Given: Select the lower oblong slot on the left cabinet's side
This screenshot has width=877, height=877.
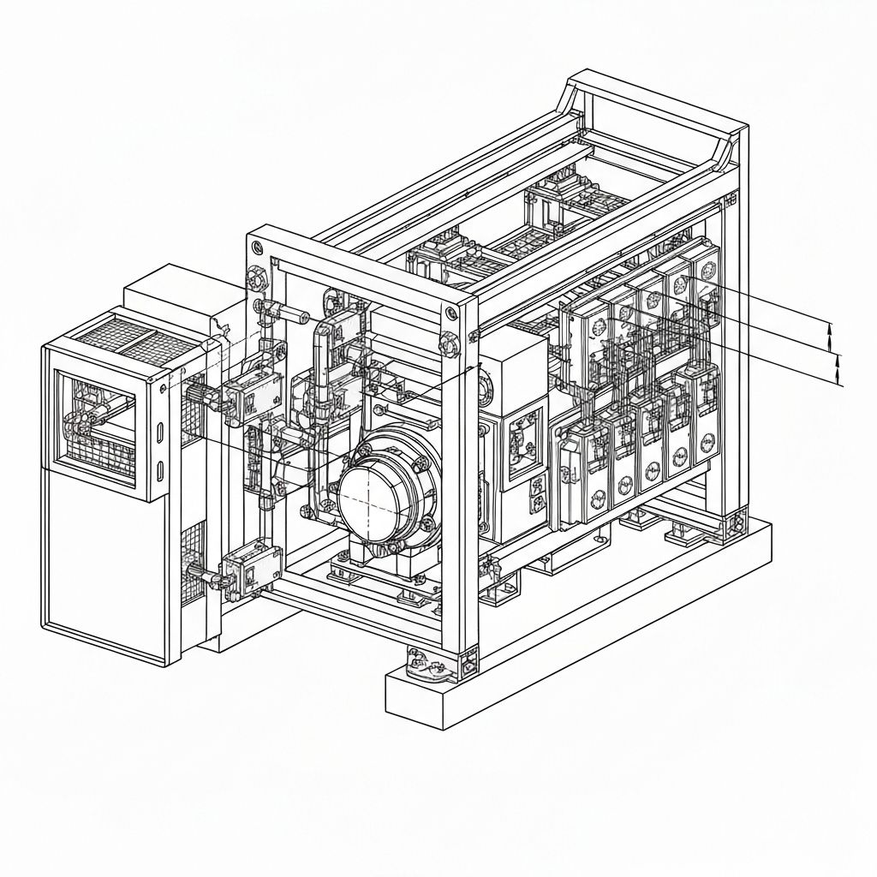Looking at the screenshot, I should [161, 468].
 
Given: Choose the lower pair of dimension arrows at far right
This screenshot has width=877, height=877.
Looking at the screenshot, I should [838, 369].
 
